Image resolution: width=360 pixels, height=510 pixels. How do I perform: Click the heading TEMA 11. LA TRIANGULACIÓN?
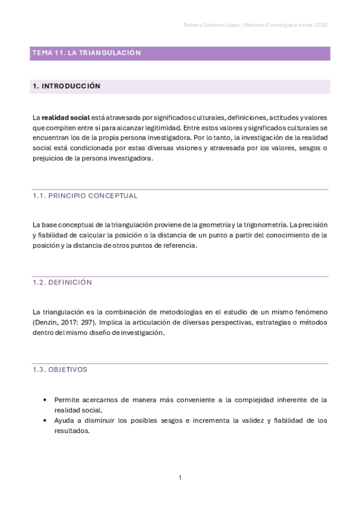(x=87, y=53)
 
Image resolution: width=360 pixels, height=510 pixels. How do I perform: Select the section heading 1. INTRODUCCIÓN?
(x=66, y=87)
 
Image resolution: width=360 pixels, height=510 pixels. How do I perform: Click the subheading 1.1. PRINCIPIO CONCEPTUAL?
(x=85, y=195)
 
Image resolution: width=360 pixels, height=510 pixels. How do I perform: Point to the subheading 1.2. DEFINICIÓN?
(x=62, y=282)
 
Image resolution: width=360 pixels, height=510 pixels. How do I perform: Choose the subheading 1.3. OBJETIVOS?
(x=59, y=369)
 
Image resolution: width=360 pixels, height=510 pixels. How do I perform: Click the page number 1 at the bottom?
(x=180, y=478)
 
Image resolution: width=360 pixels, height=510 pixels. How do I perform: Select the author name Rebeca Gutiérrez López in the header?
(x=211, y=25)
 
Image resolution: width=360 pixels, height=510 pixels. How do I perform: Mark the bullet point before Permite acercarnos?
(x=46, y=399)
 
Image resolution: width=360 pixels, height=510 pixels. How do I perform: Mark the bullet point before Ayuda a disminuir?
(x=46, y=420)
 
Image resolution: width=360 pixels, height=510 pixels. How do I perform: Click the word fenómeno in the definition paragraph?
(x=310, y=312)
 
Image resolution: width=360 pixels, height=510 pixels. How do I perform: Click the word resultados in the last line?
(x=72, y=431)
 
